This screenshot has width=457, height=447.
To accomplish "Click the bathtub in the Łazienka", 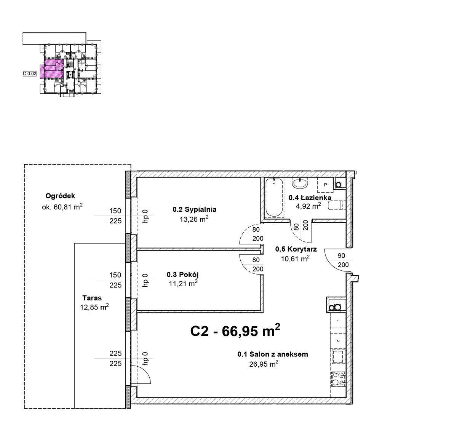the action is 274,198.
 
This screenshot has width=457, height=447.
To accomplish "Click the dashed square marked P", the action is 325,185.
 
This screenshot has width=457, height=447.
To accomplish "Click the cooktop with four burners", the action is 338,379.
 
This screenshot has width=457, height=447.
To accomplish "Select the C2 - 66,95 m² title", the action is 235,331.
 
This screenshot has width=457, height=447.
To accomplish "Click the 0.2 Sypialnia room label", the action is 195,209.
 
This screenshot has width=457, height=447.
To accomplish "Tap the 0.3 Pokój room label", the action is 183,274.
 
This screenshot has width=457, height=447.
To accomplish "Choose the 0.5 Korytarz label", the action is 296,249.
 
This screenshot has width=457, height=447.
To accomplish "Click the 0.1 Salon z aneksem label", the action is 272,354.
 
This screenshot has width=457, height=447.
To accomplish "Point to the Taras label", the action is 92,298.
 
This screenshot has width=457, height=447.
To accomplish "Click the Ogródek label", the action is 60,196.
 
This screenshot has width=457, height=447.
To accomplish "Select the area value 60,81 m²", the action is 68,207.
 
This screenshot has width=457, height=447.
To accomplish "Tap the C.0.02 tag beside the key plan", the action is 30,73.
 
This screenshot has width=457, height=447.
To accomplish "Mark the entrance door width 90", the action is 341,255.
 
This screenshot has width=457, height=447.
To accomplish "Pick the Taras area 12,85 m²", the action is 94,307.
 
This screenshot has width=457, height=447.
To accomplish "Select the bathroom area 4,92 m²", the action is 308,206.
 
